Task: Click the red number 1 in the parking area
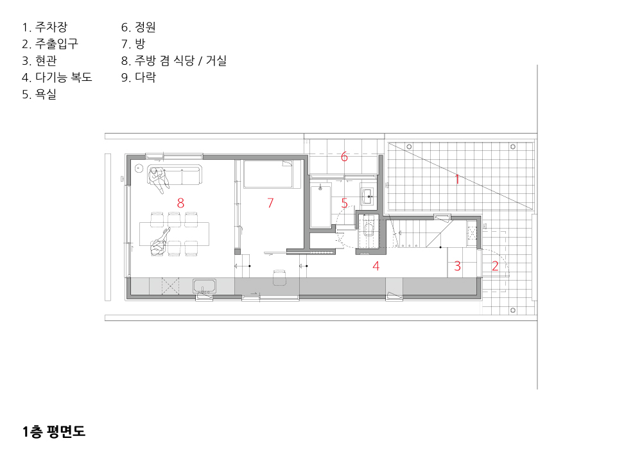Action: pyautogui.click(x=457, y=179)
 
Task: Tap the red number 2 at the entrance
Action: pyautogui.click(x=495, y=266)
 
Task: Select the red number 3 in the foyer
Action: pyautogui.click(x=457, y=266)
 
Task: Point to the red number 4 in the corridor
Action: pyautogui.click(x=376, y=266)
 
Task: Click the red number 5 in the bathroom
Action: pyautogui.click(x=344, y=203)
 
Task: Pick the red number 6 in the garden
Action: pyautogui.click(x=344, y=157)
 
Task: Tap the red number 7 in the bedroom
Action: pyautogui.click(x=270, y=203)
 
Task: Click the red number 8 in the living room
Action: pyautogui.click(x=180, y=203)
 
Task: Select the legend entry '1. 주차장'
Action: pyautogui.click(x=45, y=28)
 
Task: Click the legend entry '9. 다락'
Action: pyautogui.click(x=139, y=77)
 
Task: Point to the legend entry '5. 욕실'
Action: pyautogui.click(x=39, y=94)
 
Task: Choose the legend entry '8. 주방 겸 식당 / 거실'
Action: pyautogui.click(x=173, y=61)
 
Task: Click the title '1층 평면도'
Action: pyautogui.click(x=54, y=432)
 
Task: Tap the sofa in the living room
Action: pyautogui.click(x=175, y=175)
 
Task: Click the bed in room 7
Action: pyautogui.click(x=268, y=174)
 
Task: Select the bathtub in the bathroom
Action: pyautogui.click(x=320, y=207)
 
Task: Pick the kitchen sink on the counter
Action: pyautogui.click(x=204, y=286)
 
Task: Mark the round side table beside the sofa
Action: pyautogui.click(x=139, y=168)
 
